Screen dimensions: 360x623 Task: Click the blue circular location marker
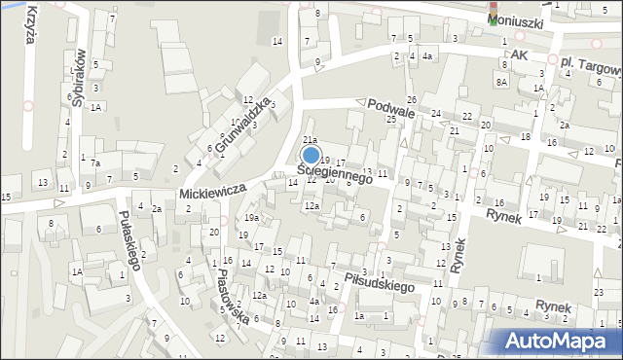point(311,155)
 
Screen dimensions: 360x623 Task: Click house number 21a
point(310,141)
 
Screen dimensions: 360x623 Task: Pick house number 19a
point(251,219)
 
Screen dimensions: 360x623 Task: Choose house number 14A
point(75,271)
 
